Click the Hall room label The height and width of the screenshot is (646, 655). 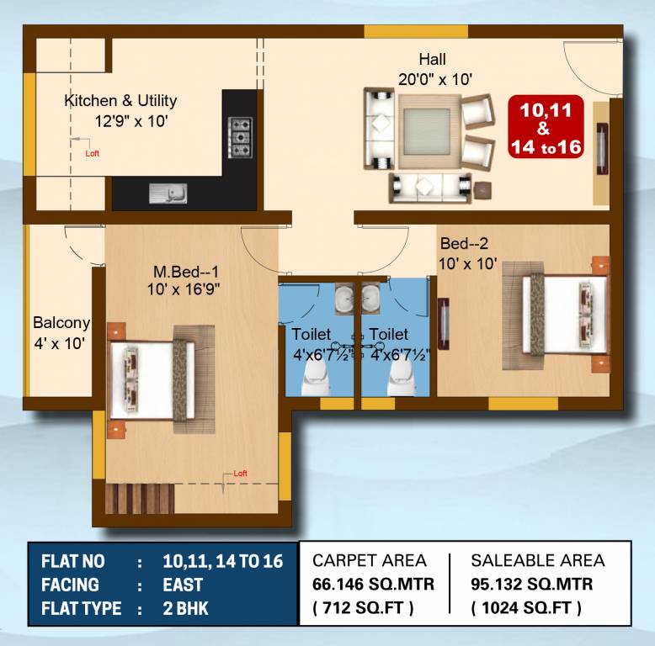[433, 60]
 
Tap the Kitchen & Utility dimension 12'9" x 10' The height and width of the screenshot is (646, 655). [132, 121]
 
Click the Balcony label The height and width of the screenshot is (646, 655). [61, 323]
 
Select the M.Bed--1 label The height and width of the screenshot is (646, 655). [185, 273]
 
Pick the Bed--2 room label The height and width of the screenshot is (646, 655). [464, 244]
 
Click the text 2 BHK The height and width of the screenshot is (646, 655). [186, 608]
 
